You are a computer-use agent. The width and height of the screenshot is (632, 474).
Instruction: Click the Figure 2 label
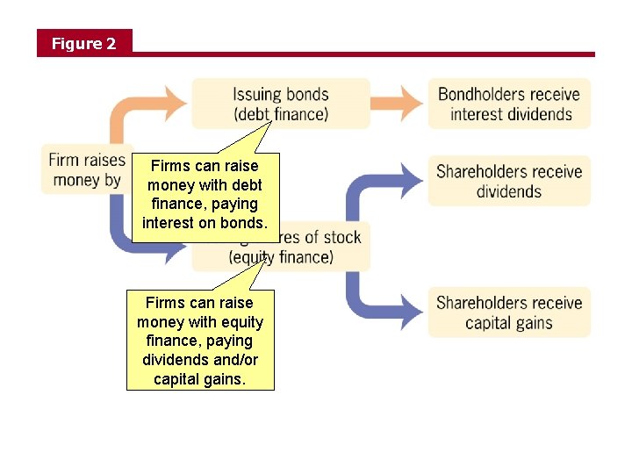(83, 43)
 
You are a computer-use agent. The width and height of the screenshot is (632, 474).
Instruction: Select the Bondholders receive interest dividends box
(509, 104)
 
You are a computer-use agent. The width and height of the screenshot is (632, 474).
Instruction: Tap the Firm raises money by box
(87, 169)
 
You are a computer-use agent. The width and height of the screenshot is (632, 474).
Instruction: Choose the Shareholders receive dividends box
(509, 181)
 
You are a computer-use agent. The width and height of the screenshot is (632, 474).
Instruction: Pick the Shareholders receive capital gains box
(509, 312)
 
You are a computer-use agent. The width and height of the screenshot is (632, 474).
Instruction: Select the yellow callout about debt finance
(205, 194)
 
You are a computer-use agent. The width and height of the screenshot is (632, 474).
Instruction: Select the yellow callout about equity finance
(200, 341)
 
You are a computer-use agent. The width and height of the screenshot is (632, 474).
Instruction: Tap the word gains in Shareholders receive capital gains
(534, 323)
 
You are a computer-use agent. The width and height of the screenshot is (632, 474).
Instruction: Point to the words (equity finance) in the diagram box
(281, 257)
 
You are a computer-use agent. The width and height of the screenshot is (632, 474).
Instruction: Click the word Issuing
(256, 94)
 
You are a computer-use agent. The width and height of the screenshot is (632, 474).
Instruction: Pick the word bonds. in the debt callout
(242, 223)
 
